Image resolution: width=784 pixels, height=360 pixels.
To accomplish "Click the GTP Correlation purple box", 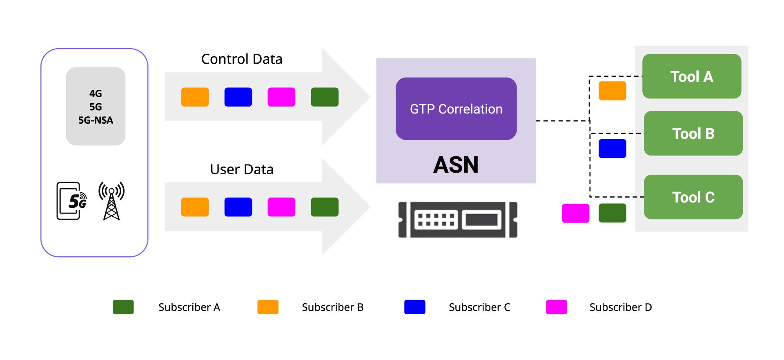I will coord(456,109).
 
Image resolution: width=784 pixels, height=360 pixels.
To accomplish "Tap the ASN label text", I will coord(456,165).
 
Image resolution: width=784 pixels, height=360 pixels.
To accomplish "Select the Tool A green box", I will coord(691,76).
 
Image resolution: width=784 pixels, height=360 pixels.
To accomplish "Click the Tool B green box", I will coord(693,133).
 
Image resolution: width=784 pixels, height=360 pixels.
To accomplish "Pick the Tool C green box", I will coord(693,197).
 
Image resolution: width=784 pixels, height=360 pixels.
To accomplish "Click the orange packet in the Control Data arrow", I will coord(195,97).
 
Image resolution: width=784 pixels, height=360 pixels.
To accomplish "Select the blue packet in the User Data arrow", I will coord(238,207).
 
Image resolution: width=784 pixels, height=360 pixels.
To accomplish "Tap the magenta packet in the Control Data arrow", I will coord(281,97).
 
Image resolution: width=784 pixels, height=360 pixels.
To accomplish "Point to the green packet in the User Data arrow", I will coord(325,207).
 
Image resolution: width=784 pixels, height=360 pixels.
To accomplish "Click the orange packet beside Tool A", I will coord(612,91).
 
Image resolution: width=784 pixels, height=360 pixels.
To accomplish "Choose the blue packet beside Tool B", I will coord(612,149).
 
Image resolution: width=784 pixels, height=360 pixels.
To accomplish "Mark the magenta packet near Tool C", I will coord(575,213).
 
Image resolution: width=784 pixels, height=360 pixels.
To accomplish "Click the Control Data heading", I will coord(242,59).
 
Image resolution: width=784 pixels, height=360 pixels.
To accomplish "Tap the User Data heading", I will coord(242,169).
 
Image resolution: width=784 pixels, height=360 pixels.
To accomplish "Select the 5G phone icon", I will coord(71,201).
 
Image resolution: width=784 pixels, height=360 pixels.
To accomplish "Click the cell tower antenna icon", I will coord(111,201).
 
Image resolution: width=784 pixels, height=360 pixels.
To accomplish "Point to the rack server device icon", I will coord(457,220).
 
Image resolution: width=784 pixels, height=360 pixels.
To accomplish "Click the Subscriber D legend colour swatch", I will coord(556,307).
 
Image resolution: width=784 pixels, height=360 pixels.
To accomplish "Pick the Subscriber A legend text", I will coord(189,307).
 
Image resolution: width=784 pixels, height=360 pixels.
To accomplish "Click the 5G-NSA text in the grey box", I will coord(96,120).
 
